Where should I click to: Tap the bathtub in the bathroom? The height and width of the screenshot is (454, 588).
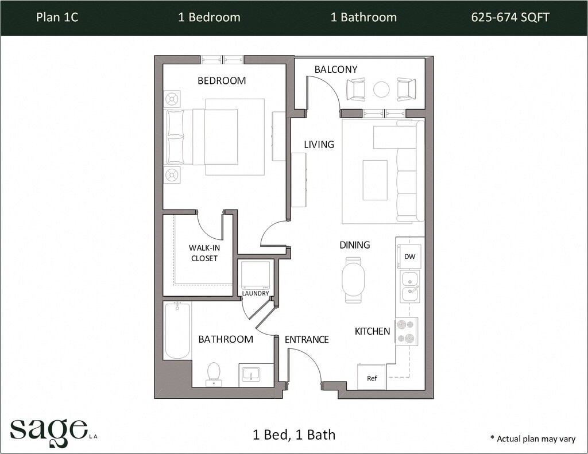point(177,330)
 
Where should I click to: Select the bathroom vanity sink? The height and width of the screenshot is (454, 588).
point(252,375)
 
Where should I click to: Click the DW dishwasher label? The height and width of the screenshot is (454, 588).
point(410,257)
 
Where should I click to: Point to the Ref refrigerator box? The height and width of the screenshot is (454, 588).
point(372,377)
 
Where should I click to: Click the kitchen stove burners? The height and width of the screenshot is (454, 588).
point(407,331)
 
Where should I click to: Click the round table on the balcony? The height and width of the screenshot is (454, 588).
point(381,90)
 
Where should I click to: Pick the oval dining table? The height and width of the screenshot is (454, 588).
point(353,280)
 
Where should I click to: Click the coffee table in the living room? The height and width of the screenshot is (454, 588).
point(375,180)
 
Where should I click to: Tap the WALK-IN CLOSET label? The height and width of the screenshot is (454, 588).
point(204,253)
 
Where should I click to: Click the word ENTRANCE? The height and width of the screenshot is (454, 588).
point(307,340)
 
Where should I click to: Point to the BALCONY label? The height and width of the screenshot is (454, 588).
point(336,69)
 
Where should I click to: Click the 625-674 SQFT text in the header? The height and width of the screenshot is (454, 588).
point(510,17)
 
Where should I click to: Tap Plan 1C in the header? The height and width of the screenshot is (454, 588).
point(57,17)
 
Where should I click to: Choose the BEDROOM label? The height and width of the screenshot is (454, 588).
point(222,80)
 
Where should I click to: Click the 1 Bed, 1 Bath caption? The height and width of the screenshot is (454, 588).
point(294,435)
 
